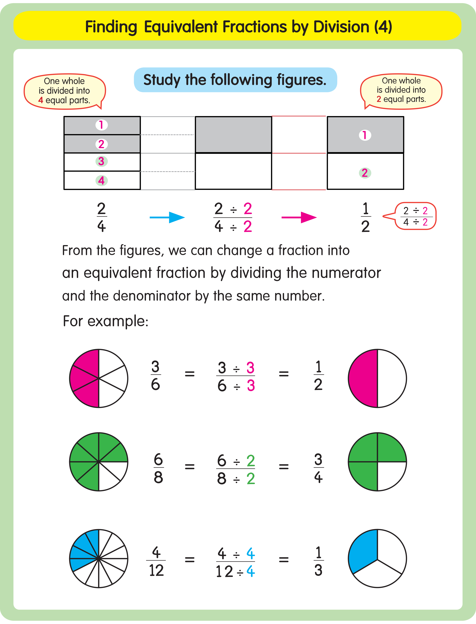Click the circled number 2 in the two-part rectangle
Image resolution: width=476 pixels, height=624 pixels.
[365, 173]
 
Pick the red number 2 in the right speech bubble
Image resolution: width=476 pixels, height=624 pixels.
[379, 99]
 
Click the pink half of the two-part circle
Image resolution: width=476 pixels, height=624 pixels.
[363, 378]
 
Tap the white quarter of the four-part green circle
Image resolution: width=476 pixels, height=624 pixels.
[391, 475]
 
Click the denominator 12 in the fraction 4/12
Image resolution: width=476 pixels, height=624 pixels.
[156, 570]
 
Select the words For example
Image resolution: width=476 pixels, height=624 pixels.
[105, 321]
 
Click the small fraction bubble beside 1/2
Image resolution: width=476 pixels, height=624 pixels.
[415, 216]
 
